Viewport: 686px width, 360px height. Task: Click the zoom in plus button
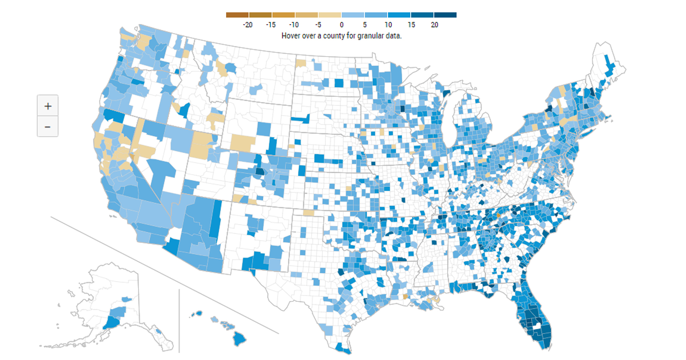pos(48,106)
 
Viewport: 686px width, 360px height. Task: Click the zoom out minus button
pos(48,127)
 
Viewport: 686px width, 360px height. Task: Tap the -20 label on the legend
pos(247,25)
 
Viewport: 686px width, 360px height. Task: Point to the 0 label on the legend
pos(342,25)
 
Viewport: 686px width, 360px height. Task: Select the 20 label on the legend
pos(434,25)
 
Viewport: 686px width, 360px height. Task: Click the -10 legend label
pos(294,25)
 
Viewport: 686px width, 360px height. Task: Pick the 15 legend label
pos(411,25)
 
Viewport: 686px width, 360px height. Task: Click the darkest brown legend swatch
pos(237,15)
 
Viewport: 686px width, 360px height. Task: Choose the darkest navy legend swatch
pos(445,15)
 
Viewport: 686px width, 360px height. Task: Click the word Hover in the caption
pos(290,36)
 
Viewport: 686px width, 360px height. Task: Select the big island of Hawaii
pos(239,339)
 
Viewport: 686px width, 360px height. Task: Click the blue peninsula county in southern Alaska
pos(112,322)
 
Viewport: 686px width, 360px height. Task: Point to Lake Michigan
pos(448,124)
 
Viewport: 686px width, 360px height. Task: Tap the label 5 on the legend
pos(365,25)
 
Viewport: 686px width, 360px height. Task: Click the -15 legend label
pos(271,25)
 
